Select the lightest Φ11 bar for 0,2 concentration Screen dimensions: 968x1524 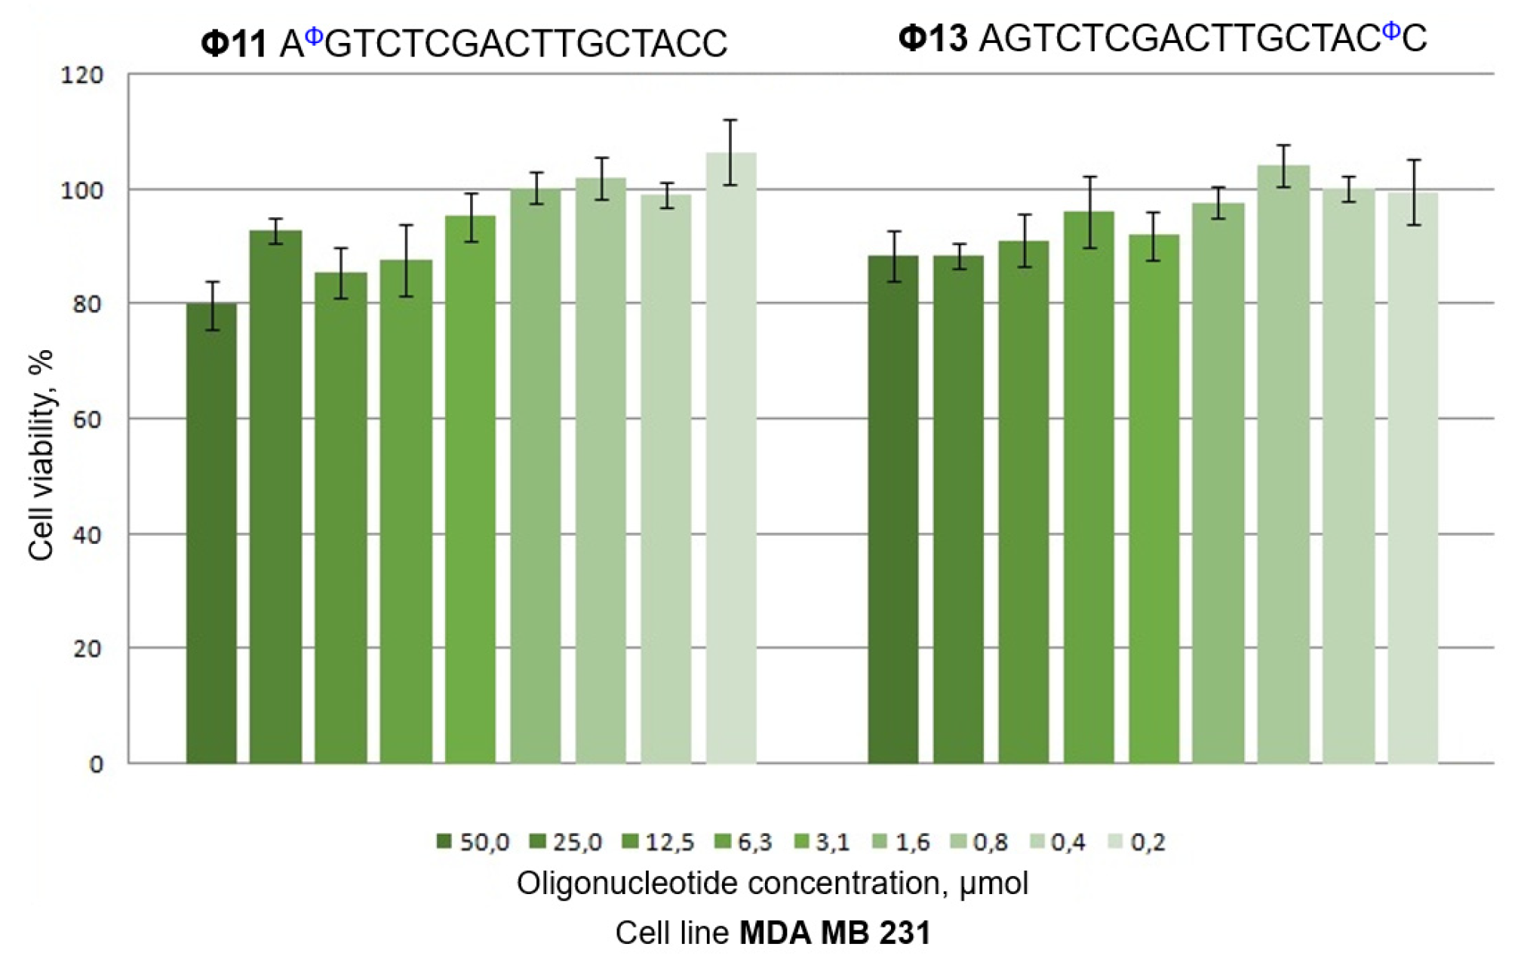730,460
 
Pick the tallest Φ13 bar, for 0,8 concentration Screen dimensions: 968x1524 1283,464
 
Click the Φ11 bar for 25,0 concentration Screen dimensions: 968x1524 275,498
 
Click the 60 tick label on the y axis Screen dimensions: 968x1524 88,420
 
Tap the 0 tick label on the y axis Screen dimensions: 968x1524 96,765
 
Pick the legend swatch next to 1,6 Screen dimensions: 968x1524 880,841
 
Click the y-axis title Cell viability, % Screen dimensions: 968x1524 41,455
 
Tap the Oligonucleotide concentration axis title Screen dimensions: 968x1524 772,883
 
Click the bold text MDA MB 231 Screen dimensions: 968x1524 834,933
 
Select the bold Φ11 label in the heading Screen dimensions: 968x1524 233,44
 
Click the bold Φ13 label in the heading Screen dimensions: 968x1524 933,38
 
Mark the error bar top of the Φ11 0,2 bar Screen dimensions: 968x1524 730,120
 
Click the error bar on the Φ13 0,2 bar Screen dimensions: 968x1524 1414,192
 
